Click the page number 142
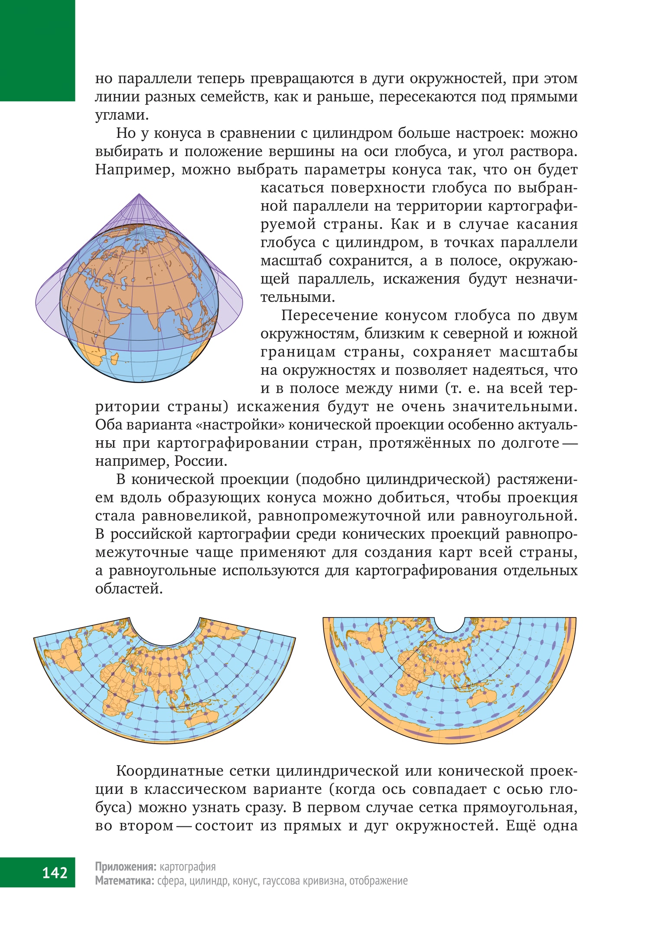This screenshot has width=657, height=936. point(55,872)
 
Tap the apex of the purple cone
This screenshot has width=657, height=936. point(139,195)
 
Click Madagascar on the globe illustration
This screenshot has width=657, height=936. point(115,359)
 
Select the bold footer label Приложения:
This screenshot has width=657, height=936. point(125,867)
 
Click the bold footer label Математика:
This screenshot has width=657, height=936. point(124,881)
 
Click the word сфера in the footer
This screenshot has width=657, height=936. point(171,881)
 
